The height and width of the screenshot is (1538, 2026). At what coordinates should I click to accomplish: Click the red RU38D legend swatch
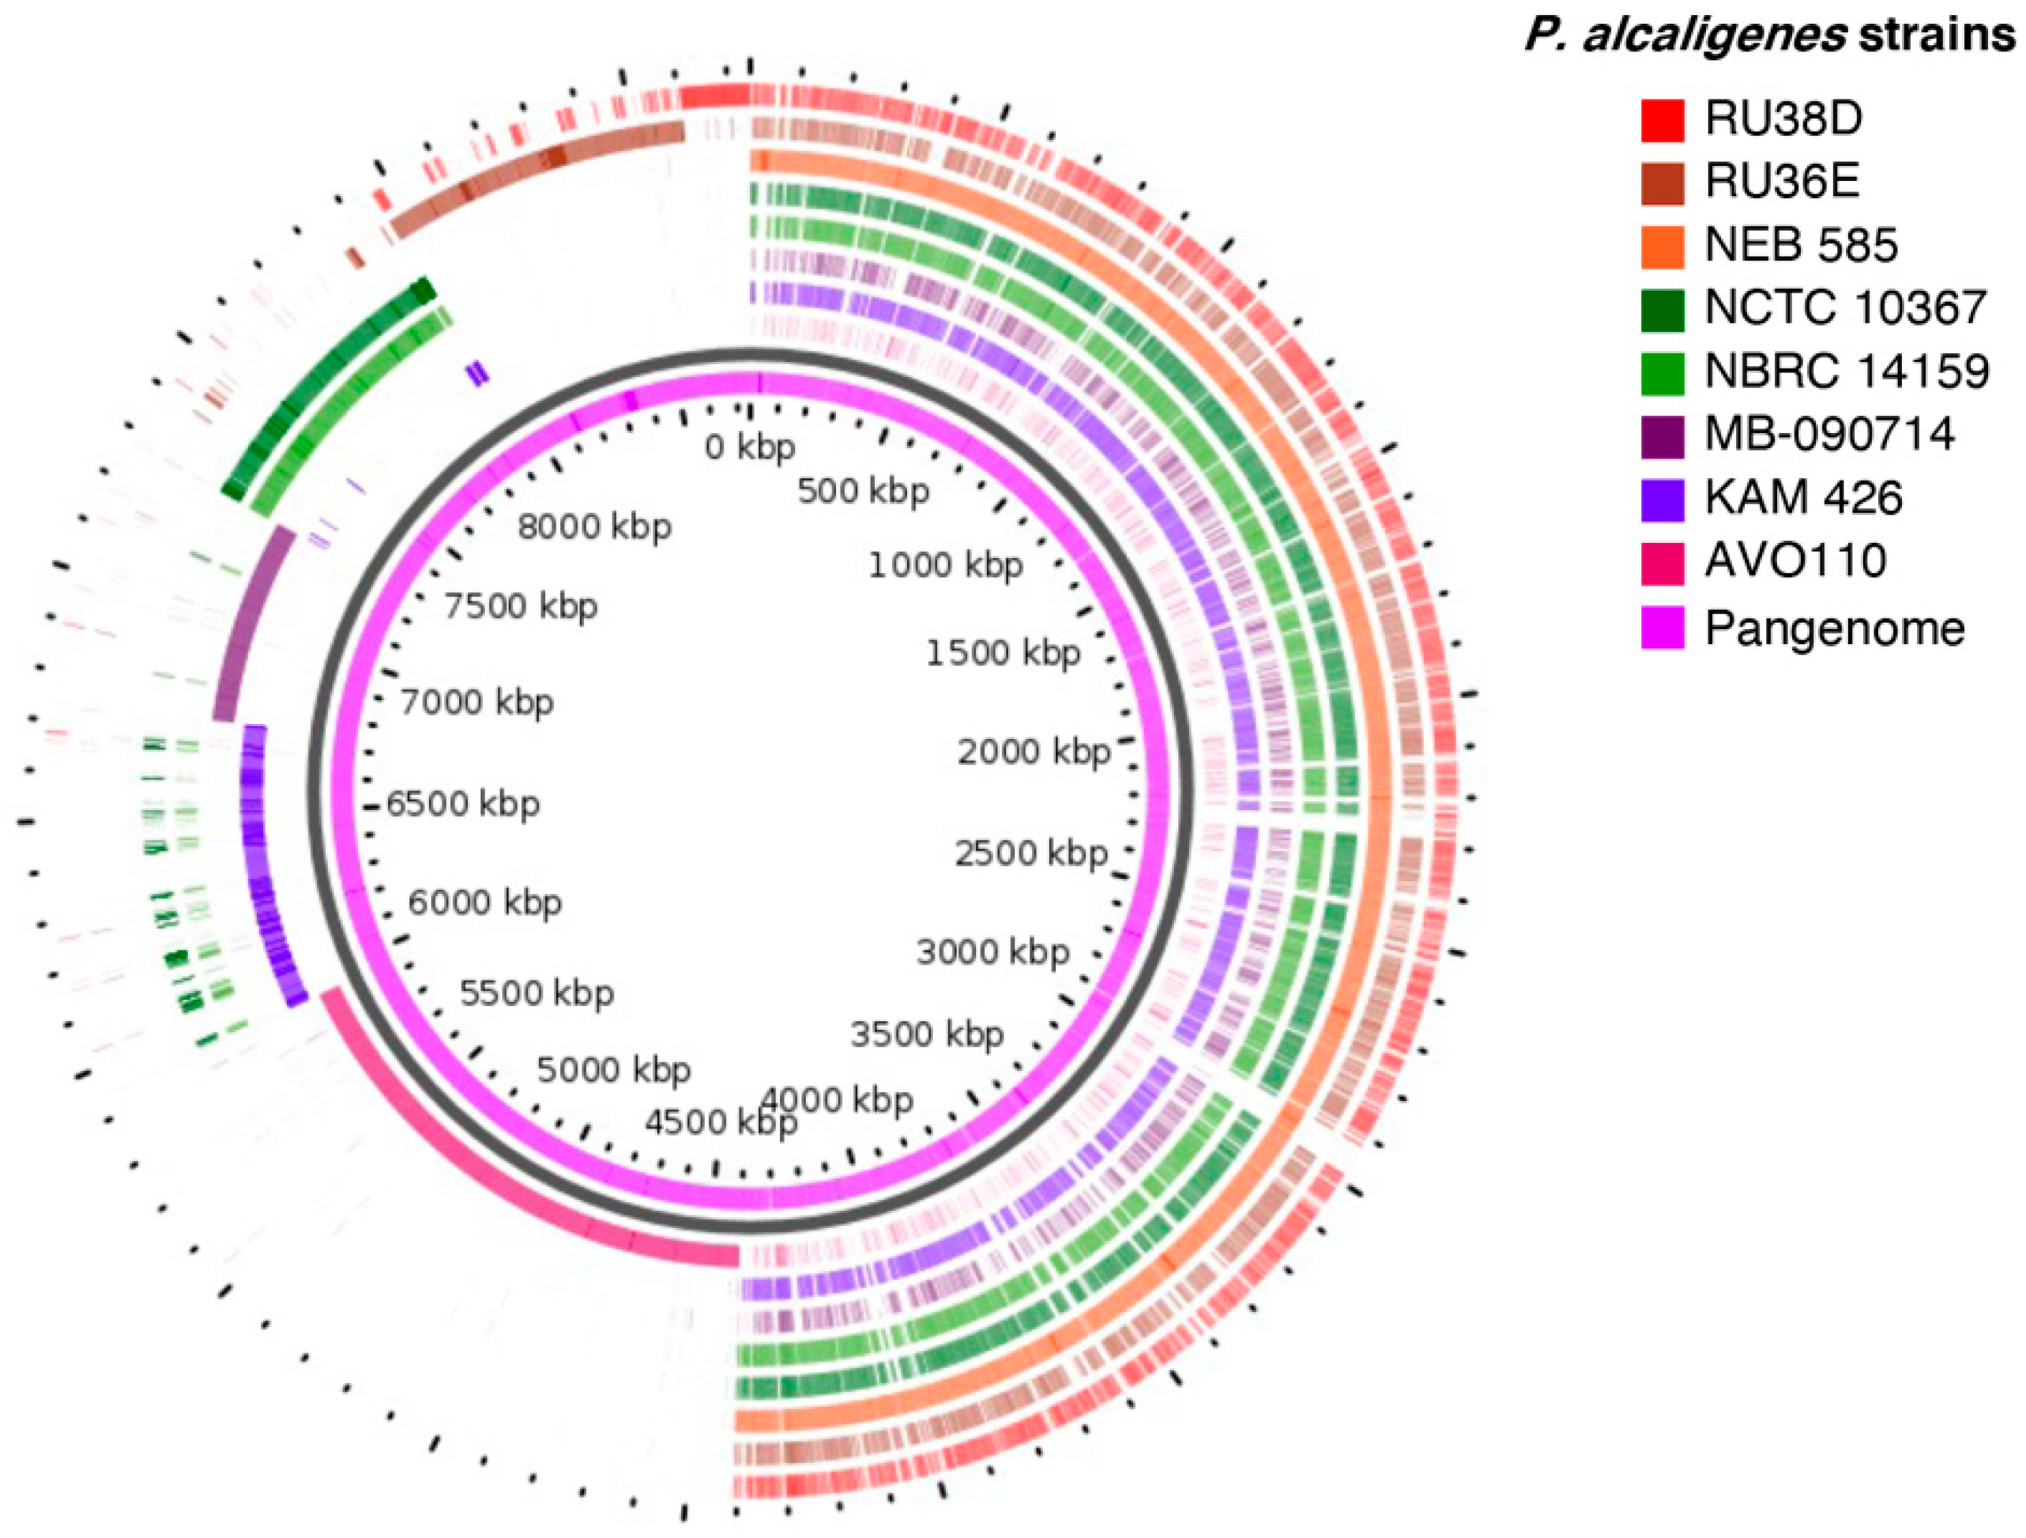pos(1663,121)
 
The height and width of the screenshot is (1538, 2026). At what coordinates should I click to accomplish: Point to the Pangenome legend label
pos(1835,628)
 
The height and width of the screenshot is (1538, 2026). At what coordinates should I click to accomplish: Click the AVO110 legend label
pos(1795,560)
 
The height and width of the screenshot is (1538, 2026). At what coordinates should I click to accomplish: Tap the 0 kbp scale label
pos(749,447)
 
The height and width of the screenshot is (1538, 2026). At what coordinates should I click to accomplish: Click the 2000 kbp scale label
pos(1034,752)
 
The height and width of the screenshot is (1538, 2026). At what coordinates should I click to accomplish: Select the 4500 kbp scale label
pos(721,1122)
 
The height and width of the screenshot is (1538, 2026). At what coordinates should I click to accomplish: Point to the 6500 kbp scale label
pos(462,805)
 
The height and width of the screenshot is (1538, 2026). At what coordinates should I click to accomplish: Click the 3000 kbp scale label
pos(992,952)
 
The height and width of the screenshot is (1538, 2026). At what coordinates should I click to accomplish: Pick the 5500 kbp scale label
pos(537,993)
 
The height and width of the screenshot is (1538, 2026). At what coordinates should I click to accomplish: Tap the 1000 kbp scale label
pos(945,565)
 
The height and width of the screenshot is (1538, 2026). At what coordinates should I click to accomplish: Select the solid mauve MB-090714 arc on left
pos(254,623)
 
